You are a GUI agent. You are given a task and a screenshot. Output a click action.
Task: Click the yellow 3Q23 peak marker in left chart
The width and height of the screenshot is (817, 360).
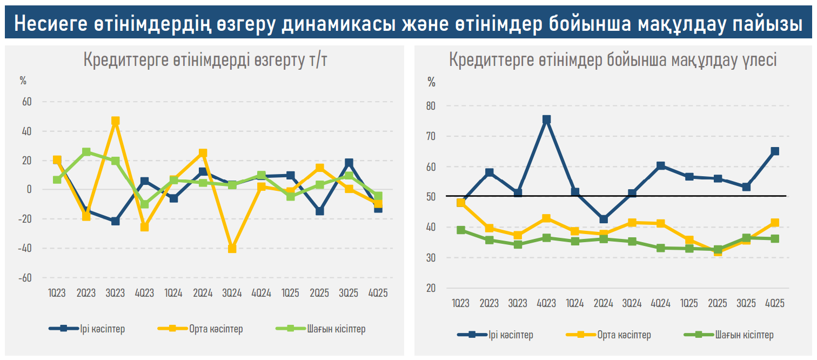(115, 121)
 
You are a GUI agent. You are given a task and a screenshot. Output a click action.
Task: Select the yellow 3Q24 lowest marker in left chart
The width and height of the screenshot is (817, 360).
(232, 249)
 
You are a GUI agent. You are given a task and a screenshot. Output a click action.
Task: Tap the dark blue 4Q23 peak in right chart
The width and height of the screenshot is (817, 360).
(546, 119)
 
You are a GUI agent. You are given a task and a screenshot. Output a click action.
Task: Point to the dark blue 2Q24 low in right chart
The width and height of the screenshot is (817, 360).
(604, 219)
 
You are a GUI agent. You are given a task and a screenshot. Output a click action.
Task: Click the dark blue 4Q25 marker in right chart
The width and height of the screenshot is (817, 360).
(775, 151)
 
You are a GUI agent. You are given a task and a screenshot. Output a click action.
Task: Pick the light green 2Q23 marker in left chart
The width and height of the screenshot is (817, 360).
(86, 152)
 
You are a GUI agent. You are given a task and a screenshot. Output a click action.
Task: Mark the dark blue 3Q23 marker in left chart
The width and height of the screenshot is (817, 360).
(115, 221)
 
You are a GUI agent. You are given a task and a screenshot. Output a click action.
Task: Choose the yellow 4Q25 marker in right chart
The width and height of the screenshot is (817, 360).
(775, 223)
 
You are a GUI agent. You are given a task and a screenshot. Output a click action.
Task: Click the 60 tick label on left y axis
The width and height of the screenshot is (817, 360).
(27, 102)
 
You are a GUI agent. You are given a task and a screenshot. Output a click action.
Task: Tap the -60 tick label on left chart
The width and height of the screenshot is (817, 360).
(25, 277)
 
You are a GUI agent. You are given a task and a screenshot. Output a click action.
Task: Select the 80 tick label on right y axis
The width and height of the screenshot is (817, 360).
(431, 106)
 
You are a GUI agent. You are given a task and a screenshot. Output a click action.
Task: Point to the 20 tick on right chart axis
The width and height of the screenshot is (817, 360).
(431, 288)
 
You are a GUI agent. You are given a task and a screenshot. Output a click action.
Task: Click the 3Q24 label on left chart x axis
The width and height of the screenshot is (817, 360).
(232, 293)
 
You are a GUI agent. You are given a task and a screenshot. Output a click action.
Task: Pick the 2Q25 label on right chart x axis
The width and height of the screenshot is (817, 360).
(718, 303)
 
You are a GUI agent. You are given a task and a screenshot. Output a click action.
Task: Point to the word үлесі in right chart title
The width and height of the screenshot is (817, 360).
(757, 60)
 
